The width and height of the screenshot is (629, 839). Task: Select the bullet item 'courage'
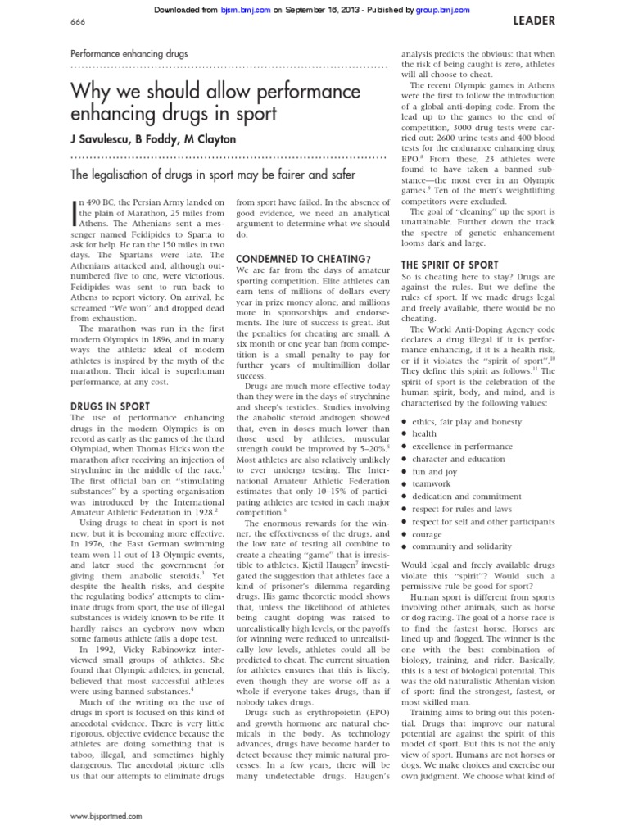click(x=428, y=533)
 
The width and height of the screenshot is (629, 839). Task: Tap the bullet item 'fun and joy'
click(x=434, y=472)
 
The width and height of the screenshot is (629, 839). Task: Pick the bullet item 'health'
click(x=424, y=434)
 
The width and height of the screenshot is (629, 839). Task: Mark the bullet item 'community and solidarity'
click(x=462, y=546)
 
